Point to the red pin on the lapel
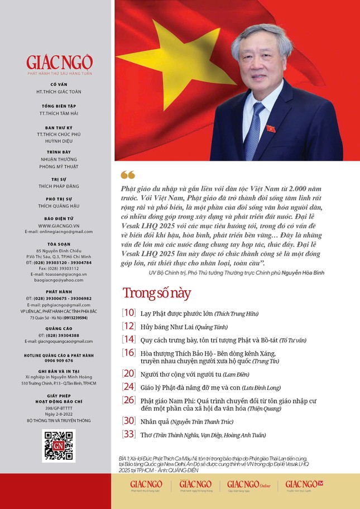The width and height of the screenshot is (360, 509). point(271,128)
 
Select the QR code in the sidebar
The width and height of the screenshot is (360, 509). point(58,445)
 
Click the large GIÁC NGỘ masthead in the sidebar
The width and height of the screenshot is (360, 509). point(59,62)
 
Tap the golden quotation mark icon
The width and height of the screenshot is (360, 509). point(127,175)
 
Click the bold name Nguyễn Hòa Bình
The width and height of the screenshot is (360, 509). point(303,272)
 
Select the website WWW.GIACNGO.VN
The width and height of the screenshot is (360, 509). point(59,225)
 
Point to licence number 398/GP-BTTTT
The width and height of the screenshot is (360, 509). point(59,409)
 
